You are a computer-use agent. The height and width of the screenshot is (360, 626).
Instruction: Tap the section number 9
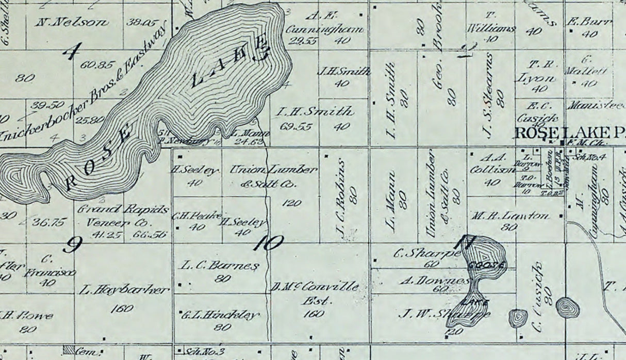click(x=72, y=245)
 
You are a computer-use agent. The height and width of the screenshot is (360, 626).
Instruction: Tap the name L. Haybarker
click(x=124, y=290)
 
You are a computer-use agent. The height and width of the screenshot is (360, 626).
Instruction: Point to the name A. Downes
click(x=435, y=281)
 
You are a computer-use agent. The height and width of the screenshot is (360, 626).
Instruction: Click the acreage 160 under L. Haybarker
click(x=122, y=308)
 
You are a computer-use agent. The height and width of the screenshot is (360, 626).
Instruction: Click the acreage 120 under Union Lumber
click(x=292, y=203)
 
